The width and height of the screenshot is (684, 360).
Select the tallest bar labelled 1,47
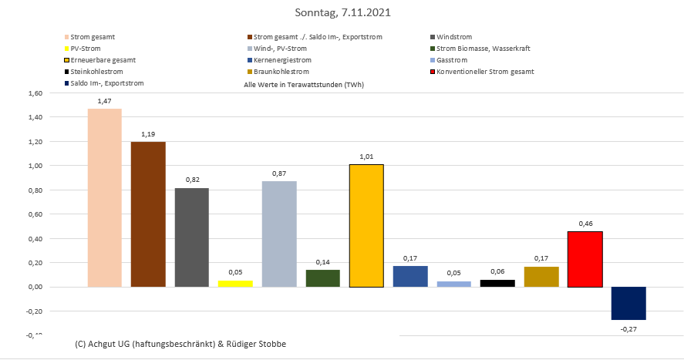104,198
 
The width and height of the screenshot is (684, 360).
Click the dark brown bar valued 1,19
148,214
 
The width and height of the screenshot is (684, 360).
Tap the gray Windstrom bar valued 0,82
191,237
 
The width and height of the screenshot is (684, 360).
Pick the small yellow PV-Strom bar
235,284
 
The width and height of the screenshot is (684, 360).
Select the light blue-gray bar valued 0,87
279,234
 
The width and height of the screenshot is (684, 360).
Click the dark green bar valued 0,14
322,278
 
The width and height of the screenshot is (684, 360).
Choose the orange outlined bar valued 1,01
366,226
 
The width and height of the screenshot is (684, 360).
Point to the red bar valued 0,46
585,259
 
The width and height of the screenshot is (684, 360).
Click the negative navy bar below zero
628,303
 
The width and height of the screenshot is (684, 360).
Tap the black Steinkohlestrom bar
497,283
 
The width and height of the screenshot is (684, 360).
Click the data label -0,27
628,329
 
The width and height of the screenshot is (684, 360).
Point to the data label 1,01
366,156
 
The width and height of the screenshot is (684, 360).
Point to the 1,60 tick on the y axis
35,93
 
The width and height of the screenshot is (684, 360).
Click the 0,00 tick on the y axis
35,287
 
